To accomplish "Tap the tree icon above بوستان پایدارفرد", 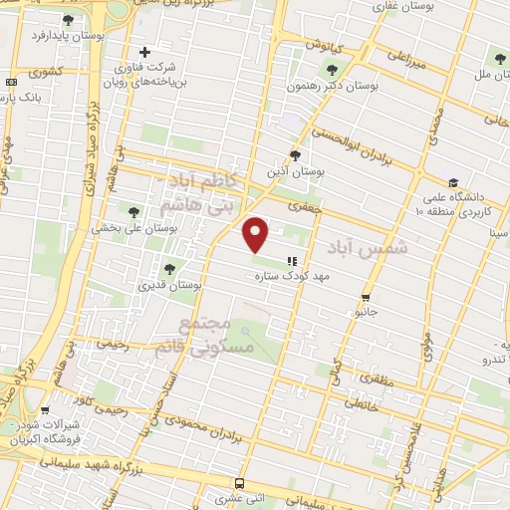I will [67, 20].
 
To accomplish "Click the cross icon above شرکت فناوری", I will [145, 52].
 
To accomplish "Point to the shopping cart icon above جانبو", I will [367, 297].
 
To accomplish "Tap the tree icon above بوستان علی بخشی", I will [134, 210].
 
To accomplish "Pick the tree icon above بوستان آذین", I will [294, 154].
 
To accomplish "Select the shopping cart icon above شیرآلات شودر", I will [46, 409].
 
